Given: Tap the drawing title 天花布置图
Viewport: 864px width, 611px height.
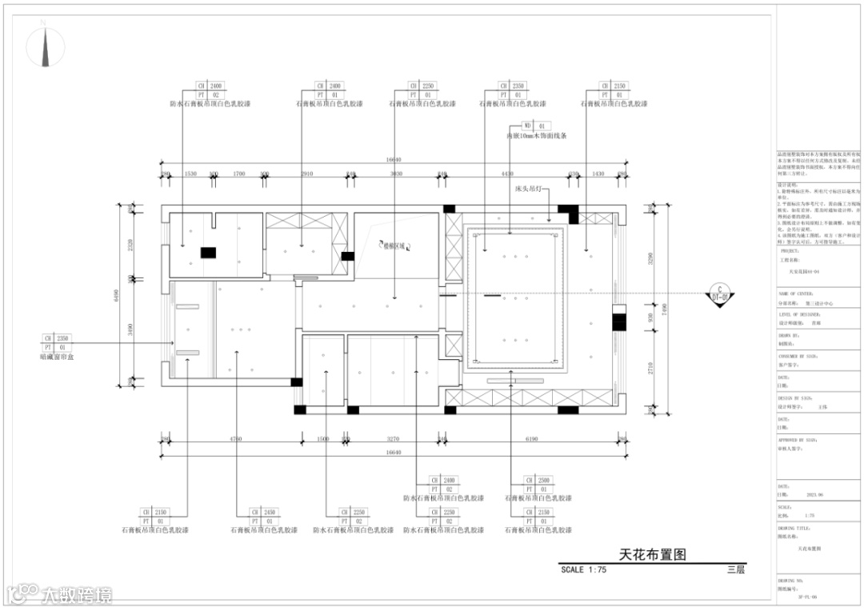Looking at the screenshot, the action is coord(653,553).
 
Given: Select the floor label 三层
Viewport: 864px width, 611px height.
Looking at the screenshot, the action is coord(736,570).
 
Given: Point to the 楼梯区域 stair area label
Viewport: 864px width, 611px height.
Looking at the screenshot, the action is coord(394,246).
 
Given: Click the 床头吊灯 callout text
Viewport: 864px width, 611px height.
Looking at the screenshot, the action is coord(529,190).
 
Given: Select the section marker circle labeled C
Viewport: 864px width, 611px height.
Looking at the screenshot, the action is coord(718,293).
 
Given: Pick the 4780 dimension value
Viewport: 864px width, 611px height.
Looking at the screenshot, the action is coord(235,439).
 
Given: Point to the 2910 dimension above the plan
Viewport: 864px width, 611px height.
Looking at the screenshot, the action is coord(307,174).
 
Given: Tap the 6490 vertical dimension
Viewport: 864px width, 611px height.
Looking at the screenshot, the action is coord(122,293).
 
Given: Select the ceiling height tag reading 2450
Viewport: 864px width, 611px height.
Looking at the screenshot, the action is coord(265,512).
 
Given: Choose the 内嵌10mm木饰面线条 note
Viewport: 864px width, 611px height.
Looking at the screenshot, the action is coord(536,137).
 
